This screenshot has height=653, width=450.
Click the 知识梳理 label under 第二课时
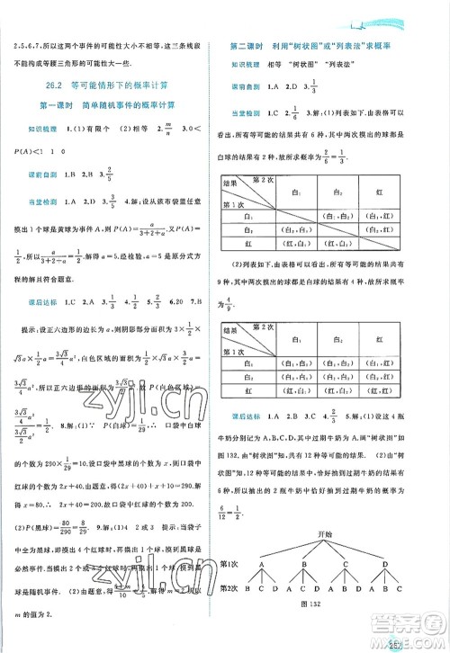point(240,66)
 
